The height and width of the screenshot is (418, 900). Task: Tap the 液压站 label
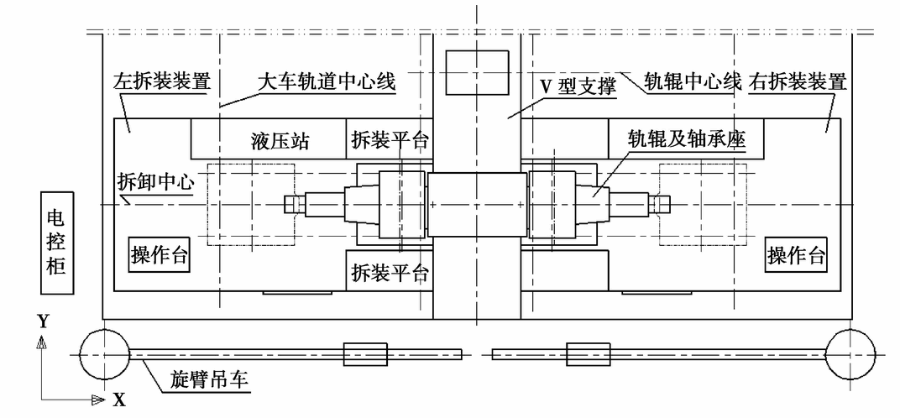[x=280, y=141]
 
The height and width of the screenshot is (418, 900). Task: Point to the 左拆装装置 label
[x=162, y=81]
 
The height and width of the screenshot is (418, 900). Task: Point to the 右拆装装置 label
[x=798, y=81]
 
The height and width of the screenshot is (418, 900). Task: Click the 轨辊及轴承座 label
[x=687, y=139]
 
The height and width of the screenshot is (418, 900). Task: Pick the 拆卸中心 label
[x=155, y=183]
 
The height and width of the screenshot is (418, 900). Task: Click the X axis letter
[x=119, y=400]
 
